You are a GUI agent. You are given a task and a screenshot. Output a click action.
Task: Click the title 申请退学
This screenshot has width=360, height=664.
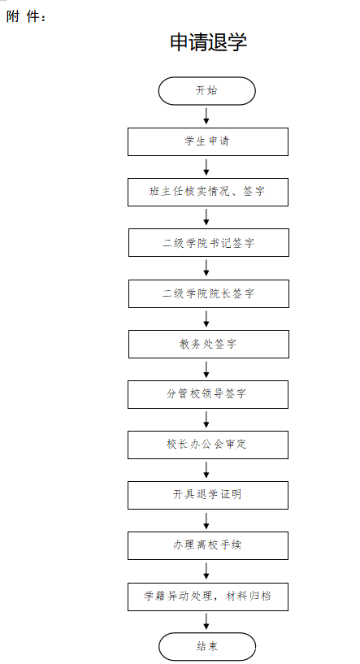click(208, 42)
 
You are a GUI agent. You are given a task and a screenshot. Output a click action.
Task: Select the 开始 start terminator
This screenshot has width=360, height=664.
click(207, 91)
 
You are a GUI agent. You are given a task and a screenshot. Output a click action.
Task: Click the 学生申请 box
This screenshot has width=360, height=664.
click(208, 141)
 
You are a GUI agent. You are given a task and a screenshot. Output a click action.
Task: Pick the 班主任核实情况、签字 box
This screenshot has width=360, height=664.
click(208, 192)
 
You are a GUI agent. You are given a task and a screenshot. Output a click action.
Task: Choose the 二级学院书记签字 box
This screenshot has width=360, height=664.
click(209, 243)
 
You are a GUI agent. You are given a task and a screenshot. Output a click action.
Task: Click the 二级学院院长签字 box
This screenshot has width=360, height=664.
click(209, 293)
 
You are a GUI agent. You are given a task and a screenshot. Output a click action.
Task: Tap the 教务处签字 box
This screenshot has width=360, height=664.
click(209, 344)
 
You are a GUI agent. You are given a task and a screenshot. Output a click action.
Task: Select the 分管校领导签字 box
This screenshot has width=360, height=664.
click(208, 394)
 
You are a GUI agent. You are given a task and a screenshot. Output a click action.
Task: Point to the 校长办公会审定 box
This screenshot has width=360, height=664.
click(208, 445)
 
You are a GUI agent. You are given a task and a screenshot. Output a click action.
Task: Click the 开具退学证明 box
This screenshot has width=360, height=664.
click(208, 495)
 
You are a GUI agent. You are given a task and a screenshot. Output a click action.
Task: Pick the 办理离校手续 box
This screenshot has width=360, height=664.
click(208, 545)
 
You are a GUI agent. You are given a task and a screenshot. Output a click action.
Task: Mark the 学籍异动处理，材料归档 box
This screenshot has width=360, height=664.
click(208, 597)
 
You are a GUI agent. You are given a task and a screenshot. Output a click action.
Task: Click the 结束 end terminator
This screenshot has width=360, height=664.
click(207, 647)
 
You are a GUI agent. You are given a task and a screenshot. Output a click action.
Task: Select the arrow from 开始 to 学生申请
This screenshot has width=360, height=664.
click(206, 116)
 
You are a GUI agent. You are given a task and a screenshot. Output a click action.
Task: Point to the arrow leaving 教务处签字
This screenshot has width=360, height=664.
click(206, 369)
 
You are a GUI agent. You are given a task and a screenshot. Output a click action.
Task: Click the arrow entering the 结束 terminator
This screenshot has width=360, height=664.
click(206, 622)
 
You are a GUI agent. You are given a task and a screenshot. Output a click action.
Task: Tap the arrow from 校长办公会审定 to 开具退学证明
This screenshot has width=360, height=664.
click(206, 470)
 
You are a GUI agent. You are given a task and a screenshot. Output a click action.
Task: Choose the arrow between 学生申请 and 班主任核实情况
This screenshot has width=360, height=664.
click(206, 167)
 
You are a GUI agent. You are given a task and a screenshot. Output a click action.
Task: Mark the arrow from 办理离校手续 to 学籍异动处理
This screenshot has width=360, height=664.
click(206, 571)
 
